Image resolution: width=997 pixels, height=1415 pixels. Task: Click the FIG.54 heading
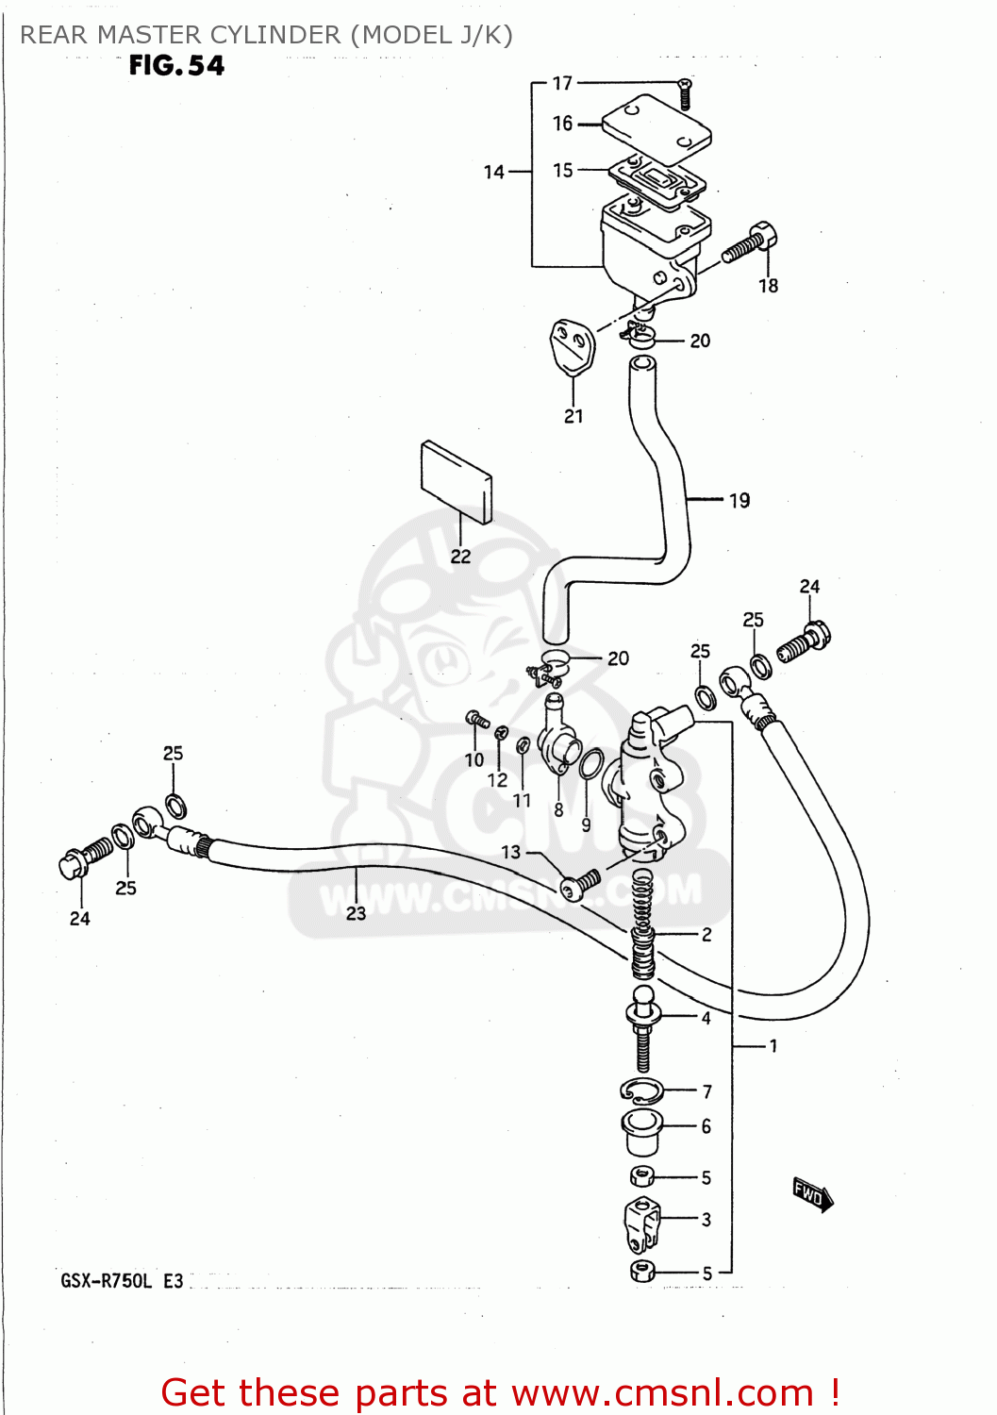click(176, 65)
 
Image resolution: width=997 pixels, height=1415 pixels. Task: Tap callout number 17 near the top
click(562, 83)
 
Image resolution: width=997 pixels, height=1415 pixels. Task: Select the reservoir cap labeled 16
click(656, 127)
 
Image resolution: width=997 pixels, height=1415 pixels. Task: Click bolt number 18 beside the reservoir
click(749, 243)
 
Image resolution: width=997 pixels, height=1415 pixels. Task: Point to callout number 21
click(573, 416)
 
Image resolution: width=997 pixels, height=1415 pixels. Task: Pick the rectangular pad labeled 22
click(457, 481)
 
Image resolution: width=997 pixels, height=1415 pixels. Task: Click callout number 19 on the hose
click(739, 500)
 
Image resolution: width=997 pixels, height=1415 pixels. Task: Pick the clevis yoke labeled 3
click(641, 1221)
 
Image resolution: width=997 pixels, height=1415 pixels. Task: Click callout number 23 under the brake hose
click(356, 913)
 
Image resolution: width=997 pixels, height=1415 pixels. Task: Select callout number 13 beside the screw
click(510, 852)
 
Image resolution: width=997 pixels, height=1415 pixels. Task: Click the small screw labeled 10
click(478, 722)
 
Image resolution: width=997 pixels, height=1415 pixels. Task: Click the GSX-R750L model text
click(106, 1281)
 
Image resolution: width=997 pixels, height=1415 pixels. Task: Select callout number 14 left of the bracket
click(494, 172)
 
